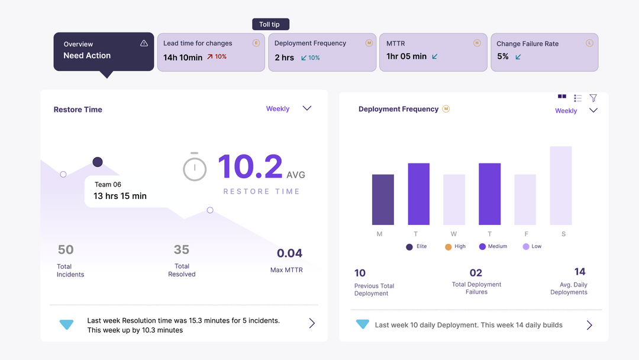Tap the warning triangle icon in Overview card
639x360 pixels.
point(144,43)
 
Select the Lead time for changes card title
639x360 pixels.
point(198,43)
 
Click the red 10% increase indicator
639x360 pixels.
point(217,57)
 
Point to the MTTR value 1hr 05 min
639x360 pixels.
point(406,56)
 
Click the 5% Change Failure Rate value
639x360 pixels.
point(502,56)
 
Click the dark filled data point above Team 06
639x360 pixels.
point(98,162)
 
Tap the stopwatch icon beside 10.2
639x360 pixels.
point(195,166)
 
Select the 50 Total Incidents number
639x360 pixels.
point(66,249)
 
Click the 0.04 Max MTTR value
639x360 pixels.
point(289,253)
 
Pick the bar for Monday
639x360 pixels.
point(383,200)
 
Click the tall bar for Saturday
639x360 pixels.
point(561,185)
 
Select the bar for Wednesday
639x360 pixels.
point(454,200)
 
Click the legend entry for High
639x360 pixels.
point(455,247)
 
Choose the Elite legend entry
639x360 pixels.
point(417,247)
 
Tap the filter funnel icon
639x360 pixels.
point(593,98)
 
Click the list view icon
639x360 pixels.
point(577,98)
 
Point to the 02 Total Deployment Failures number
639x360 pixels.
point(476,273)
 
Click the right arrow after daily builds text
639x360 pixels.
point(589,325)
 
